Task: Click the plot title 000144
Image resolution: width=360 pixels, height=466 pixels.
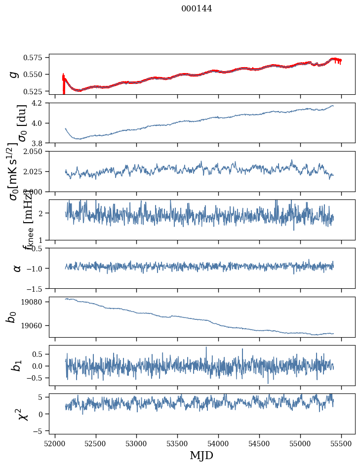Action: (197, 9)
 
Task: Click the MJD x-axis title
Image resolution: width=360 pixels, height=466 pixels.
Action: (201, 455)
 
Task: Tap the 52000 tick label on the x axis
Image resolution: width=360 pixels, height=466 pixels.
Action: (55, 443)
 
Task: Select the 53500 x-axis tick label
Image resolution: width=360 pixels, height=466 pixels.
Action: (178, 443)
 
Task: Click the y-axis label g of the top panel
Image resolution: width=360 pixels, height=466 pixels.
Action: (14, 74)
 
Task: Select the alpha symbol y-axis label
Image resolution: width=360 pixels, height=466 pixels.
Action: (17, 268)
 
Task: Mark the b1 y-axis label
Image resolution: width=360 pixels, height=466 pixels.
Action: (17, 366)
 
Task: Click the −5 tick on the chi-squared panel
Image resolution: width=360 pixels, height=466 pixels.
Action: (41, 430)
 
